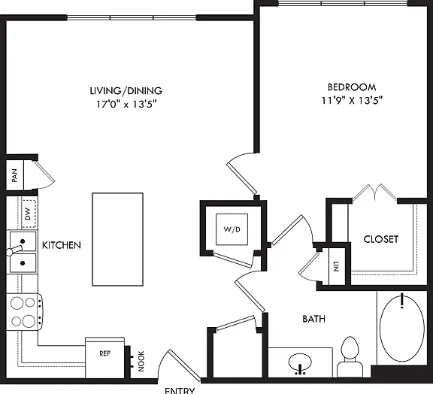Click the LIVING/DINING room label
pyautogui.click(x=126, y=91)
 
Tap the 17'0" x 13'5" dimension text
pyautogui.click(x=126, y=105)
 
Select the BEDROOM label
pyautogui.click(x=352, y=87)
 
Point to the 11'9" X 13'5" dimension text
pyautogui.click(x=352, y=100)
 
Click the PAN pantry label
pyautogui.click(x=14, y=175)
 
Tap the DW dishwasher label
pyautogui.click(x=28, y=214)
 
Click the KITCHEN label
pyautogui.click(x=62, y=245)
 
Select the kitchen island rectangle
pyautogui.click(x=117, y=239)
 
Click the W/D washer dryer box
pyautogui.click(x=232, y=229)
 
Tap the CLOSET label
pyautogui.click(x=381, y=239)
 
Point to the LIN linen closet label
pyautogui.click(x=336, y=267)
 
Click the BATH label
pyautogui.click(x=313, y=319)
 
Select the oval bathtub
pyautogui.click(x=401, y=328)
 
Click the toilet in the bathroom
pyautogui.click(x=350, y=356)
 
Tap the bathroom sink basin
pyautogui.click(x=300, y=362)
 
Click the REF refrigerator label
pyautogui.click(x=105, y=353)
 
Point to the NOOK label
pyautogui.click(x=141, y=361)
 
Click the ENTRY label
pyautogui.click(x=180, y=390)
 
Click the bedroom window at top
pyautogui.click(x=343, y=3)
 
